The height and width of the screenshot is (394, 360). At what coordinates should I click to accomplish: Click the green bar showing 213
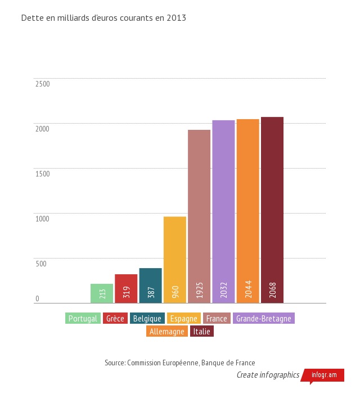(x=102, y=293)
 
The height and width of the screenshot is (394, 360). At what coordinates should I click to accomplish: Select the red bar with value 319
(x=126, y=288)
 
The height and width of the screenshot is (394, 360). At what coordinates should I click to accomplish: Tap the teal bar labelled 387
(x=150, y=285)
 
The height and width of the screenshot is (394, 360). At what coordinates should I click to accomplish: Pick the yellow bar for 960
(x=174, y=260)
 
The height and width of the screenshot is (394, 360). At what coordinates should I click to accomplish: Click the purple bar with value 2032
(x=223, y=211)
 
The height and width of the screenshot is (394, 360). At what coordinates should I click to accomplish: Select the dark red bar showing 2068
(x=272, y=210)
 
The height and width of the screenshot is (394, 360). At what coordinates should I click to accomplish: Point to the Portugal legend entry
(x=83, y=319)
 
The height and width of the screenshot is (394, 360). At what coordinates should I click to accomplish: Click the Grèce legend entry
(x=115, y=319)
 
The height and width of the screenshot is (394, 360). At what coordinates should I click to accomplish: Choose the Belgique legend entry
(x=147, y=319)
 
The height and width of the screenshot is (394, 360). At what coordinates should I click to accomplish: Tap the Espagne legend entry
(x=183, y=319)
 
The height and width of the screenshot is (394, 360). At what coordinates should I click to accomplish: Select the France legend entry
(x=217, y=319)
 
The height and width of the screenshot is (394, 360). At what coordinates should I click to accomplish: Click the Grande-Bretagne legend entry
(x=264, y=319)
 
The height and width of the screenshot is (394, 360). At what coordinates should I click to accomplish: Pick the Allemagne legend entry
(x=167, y=332)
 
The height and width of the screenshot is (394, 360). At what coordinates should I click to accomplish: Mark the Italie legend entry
(x=202, y=332)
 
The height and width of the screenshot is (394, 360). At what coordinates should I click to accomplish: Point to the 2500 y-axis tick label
(x=43, y=84)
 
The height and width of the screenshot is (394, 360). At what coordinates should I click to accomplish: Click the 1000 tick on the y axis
(x=43, y=219)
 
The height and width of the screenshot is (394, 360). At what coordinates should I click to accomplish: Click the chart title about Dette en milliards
(x=103, y=18)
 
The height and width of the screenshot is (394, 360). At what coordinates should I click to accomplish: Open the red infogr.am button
(x=324, y=375)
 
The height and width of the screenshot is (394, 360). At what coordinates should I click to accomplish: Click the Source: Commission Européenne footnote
(x=180, y=363)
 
